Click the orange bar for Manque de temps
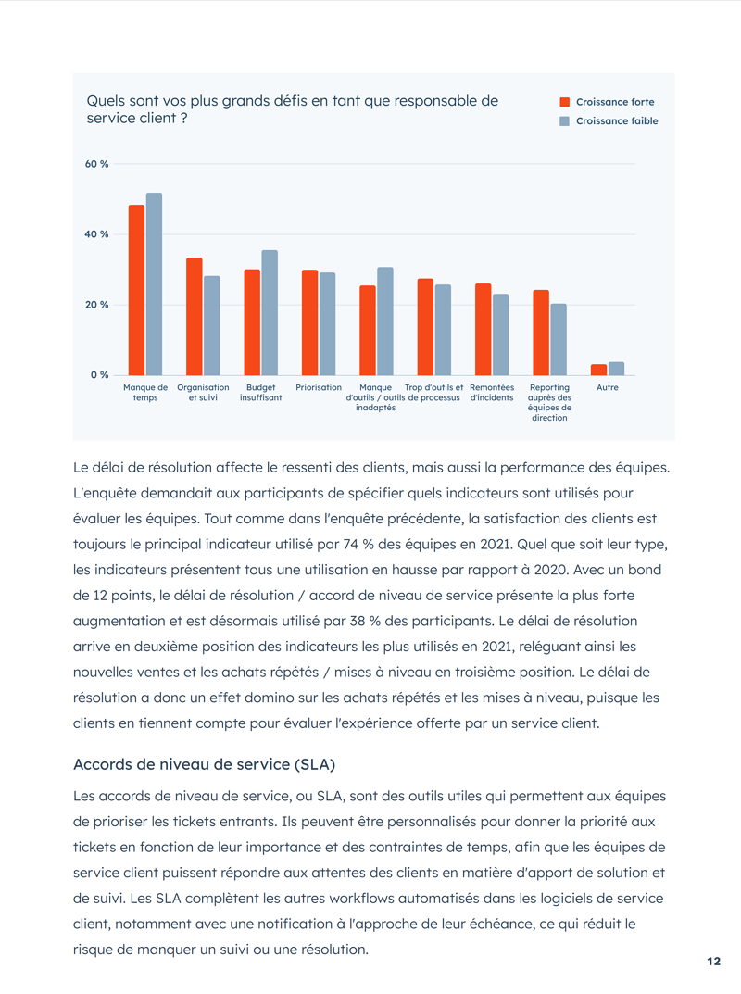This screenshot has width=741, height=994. pyautogui.click(x=136, y=290)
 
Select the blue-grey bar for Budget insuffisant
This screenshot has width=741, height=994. pyautogui.click(x=270, y=313)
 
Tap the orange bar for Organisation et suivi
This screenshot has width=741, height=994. pyautogui.click(x=195, y=317)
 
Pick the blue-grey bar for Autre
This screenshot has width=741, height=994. pyautogui.click(x=617, y=369)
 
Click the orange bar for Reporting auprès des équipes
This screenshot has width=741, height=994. pyautogui.click(x=541, y=333)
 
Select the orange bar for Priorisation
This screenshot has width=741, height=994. pyautogui.click(x=309, y=322)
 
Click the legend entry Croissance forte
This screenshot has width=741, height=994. pyautogui.click(x=615, y=102)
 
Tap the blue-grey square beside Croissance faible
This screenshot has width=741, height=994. pyautogui.click(x=564, y=121)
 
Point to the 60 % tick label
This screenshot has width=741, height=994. pyautogui.click(x=97, y=164)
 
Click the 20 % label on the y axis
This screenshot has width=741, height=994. pyautogui.click(x=97, y=305)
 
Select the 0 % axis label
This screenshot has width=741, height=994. pyautogui.click(x=99, y=375)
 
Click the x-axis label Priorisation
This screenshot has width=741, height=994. pyautogui.click(x=319, y=387)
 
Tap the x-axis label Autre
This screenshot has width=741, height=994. pyautogui.click(x=608, y=387)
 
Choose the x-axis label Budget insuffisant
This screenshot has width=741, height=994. pyautogui.click(x=260, y=393)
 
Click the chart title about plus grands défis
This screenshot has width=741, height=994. pyautogui.click(x=293, y=109)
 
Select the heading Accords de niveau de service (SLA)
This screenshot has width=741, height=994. pyautogui.click(x=204, y=764)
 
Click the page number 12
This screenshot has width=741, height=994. pyautogui.click(x=713, y=962)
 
